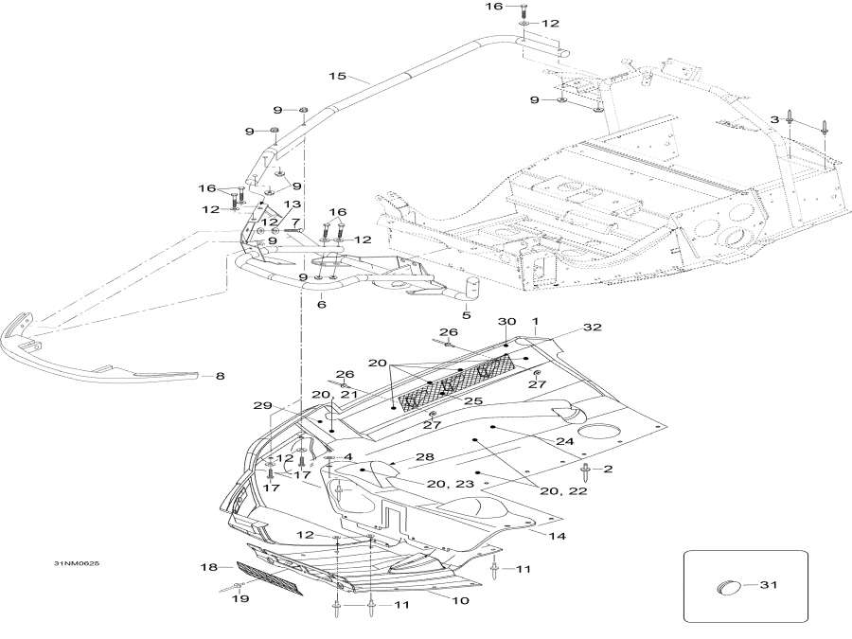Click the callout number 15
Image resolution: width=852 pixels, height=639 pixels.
[x=336, y=76]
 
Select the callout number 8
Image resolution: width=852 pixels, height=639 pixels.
[x=220, y=376]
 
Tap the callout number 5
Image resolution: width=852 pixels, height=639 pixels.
[x=466, y=315]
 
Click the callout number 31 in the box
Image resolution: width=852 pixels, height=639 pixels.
[x=769, y=585]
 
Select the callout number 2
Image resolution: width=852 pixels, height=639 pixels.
[x=609, y=469]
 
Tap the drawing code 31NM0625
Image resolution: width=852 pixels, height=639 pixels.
[x=78, y=565]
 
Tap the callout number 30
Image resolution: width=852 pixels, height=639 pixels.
[x=506, y=323]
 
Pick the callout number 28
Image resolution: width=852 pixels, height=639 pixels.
[x=425, y=457]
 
